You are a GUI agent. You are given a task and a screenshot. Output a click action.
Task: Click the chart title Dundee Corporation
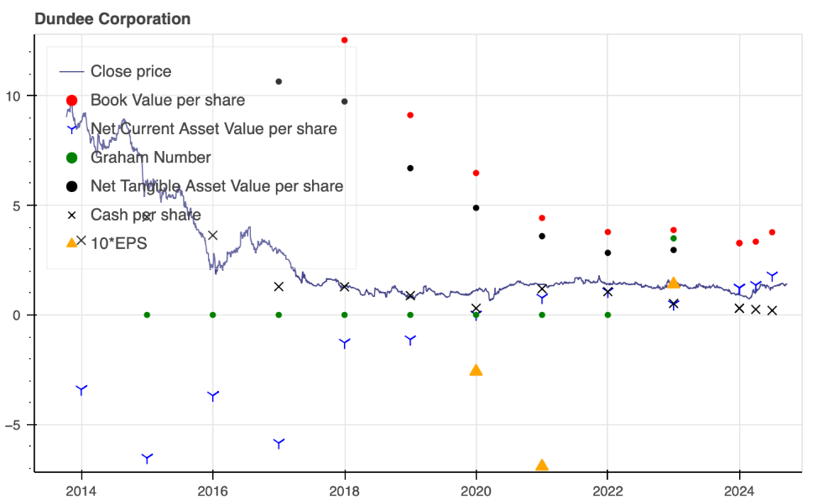click(112, 18)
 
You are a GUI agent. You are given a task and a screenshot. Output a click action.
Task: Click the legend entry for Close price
click(131, 72)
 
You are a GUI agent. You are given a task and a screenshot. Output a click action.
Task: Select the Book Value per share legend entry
click(168, 101)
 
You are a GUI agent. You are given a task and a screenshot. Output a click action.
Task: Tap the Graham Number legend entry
click(150, 158)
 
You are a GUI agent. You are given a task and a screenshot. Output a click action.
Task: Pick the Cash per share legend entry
click(145, 215)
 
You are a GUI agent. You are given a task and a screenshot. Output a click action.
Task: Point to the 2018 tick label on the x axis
click(344, 491)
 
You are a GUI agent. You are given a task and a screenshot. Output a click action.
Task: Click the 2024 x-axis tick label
click(739, 491)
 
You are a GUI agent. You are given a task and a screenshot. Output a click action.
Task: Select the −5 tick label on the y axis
click(16, 424)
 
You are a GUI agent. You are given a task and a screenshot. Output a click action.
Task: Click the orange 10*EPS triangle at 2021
click(542, 465)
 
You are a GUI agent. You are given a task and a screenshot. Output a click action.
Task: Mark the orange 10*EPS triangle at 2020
click(476, 370)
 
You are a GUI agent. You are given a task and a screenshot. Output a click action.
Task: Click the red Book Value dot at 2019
click(410, 115)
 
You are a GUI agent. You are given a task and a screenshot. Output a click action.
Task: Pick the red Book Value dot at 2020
click(476, 173)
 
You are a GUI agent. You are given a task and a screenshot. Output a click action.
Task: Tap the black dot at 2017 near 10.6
click(279, 81)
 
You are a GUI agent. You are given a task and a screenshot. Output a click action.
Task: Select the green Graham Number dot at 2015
click(147, 314)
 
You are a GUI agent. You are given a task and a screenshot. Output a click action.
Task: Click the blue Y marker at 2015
click(147, 458)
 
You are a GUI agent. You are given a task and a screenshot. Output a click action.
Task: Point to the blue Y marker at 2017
click(279, 443)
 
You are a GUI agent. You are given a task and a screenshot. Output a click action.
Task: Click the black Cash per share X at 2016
click(213, 235)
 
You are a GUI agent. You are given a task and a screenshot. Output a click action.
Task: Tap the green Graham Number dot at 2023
click(673, 238)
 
